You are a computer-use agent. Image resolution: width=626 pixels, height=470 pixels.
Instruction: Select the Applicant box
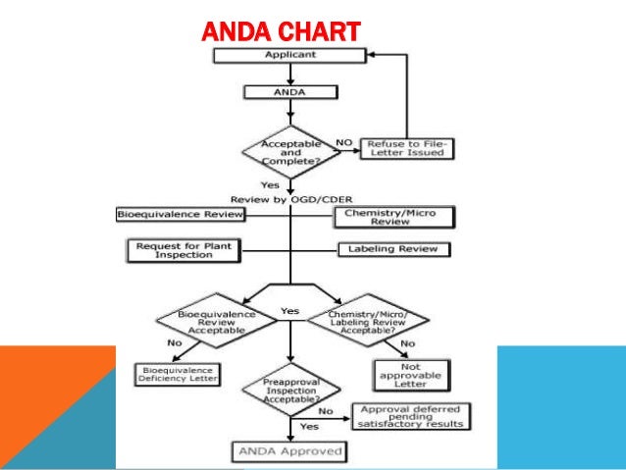(290, 56)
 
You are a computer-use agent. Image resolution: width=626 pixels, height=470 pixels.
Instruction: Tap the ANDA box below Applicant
(290, 91)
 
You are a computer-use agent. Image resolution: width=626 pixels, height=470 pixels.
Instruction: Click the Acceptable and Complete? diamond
(290, 150)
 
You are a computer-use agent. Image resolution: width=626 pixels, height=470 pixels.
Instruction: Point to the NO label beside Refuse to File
(343, 142)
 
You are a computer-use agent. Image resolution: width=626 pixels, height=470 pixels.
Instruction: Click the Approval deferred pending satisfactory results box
(413, 416)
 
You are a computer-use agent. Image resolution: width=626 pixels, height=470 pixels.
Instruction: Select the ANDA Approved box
(289, 451)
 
